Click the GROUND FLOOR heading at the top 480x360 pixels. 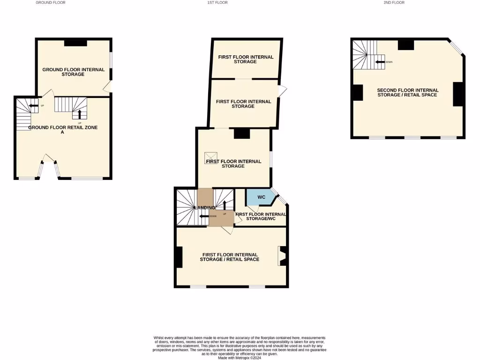[51, 3]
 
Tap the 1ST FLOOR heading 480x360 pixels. [217, 3]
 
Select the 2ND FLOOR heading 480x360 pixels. [394, 3]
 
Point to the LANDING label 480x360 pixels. [204, 208]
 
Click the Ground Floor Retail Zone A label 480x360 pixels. [63, 130]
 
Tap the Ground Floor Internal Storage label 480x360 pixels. [73, 72]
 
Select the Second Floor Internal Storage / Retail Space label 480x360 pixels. [408, 92]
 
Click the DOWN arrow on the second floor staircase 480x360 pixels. [379, 62]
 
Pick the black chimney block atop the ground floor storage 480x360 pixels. [75, 43]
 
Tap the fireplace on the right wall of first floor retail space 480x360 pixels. [283, 256]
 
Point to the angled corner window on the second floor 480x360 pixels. [456, 49]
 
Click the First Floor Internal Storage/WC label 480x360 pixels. [261, 216]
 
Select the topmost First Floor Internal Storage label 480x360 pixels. [246, 59]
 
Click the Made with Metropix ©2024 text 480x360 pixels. [240, 357]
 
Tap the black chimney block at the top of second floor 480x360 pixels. [405, 45]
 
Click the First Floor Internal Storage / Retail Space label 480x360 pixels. [229, 257]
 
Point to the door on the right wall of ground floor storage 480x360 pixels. [108, 86]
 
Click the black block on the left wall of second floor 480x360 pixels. [357, 92]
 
